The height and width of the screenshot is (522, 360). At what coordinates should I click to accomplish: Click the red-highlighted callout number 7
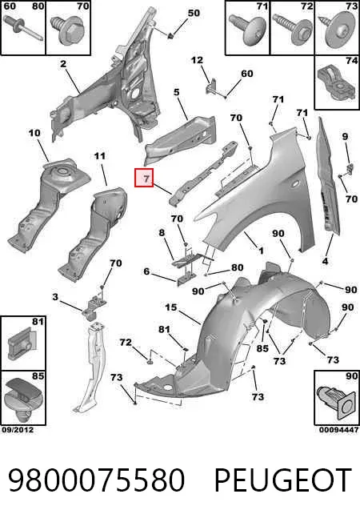pos(144,178)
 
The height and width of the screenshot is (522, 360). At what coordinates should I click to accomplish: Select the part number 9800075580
pos(96,480)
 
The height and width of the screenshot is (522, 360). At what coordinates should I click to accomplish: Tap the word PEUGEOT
pos(283,480)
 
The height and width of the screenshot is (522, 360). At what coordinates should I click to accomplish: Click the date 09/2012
pos(18,430)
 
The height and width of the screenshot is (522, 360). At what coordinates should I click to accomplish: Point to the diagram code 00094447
pos(339,430)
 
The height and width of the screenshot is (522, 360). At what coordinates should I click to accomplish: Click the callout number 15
pos(171,307)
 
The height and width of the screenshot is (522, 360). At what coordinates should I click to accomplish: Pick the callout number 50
pos(194,13)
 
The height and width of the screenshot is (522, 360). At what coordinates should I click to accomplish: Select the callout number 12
pos(197,60)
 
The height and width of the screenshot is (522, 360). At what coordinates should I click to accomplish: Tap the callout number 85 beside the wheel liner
pos(262,348)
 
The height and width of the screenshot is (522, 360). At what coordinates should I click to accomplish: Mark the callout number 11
pos(100,156)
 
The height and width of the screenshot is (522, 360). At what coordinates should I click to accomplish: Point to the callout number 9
pos(345,136)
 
